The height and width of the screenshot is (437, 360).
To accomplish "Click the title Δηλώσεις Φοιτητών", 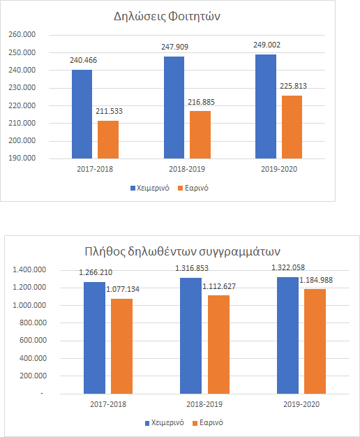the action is click(167, 17).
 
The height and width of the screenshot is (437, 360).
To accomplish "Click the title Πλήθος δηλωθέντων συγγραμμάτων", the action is click(182, 252).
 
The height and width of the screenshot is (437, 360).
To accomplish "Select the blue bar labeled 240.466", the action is click(82, 114).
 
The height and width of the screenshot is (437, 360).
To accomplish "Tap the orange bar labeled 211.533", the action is click(108, 140).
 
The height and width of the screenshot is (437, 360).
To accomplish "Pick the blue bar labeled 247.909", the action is click(174, 108).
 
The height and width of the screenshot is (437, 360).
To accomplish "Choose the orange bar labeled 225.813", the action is click(292, 127).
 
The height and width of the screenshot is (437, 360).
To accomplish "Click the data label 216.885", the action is click(201, 103).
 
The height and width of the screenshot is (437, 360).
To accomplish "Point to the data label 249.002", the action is click(267, 45).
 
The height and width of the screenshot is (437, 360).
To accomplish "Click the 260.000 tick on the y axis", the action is click(22, 35).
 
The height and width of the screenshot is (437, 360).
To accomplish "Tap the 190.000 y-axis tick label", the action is click(22, 158).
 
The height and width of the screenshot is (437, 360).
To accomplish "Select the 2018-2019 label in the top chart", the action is click(187, 169).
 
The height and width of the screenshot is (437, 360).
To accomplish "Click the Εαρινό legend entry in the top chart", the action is click(193, 188).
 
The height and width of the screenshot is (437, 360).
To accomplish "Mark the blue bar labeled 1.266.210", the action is click(94, 338).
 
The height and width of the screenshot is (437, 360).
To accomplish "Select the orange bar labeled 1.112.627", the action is click(219, 344).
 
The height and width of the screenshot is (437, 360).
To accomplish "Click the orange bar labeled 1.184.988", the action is click(315, 341).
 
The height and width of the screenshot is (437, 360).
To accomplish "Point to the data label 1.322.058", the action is click(288, 267).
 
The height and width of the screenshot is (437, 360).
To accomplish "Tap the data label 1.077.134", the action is click(123, 289).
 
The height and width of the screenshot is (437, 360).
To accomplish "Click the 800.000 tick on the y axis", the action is click(33, 323).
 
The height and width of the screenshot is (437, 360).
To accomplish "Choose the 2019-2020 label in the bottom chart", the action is click(301, 404).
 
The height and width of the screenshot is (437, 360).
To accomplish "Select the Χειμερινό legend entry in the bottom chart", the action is click(165, 423).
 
